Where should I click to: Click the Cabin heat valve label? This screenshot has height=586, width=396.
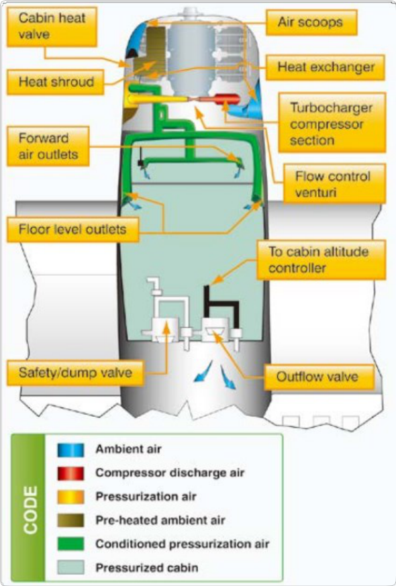(52, 26)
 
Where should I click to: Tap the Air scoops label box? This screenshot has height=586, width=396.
(311, 22)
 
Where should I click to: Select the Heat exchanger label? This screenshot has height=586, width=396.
(325, 67)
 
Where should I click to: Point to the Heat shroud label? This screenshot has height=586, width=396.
(55, 82)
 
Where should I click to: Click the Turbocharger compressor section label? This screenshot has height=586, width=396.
(332, 124)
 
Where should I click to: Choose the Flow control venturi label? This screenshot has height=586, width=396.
(334, 183)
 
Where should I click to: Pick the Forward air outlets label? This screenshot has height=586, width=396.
(48, 146)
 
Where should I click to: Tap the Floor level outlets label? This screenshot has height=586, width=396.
(73, 229)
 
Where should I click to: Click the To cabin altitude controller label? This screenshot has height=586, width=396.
(321, 260)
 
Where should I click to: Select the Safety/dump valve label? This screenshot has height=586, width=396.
(75, 373)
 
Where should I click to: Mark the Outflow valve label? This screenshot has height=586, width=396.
(319, 377)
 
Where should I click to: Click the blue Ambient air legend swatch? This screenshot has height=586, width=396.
(70, 450)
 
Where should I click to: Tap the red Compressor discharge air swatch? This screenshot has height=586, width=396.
(70, 473)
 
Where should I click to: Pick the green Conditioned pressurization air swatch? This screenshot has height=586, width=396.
(70, 544)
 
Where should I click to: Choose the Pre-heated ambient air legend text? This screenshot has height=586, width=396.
(160, 520)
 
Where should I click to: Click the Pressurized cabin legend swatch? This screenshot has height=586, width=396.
(70, 567)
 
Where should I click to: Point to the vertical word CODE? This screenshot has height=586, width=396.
(31, 509)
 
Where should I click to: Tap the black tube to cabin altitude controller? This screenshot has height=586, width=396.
(220, 305)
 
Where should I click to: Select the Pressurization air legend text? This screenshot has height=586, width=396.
(146, 496)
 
